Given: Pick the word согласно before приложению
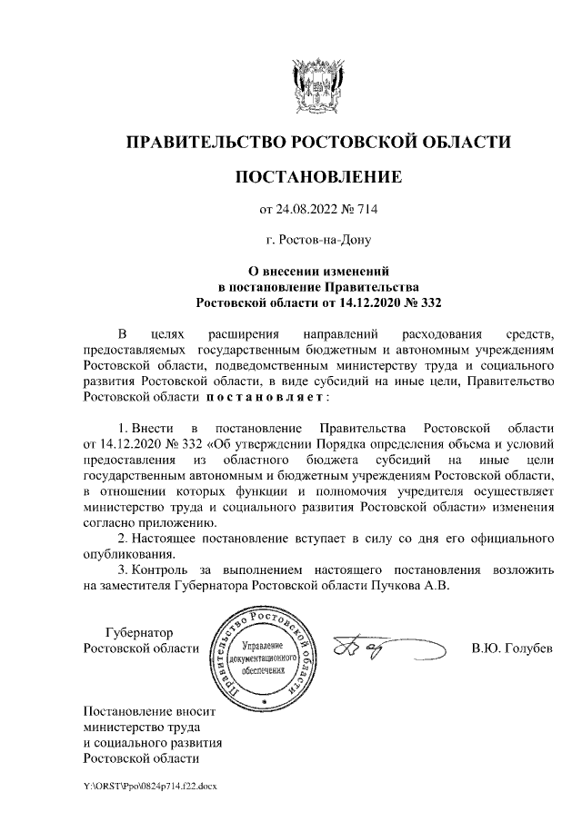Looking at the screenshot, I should [x=109, y=522].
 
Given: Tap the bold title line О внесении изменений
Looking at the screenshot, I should [x=317, y=271].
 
